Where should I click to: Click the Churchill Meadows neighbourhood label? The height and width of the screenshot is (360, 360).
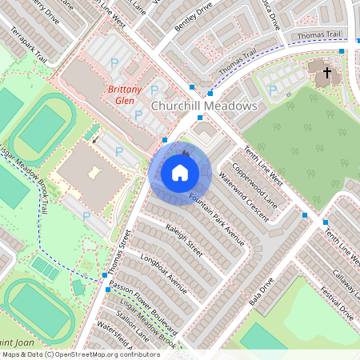203,106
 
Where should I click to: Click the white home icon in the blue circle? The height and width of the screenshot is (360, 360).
180,172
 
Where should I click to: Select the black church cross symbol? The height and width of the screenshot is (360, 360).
326,74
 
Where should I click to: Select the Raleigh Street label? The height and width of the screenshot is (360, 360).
183,241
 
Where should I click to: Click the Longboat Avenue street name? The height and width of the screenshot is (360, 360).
163,273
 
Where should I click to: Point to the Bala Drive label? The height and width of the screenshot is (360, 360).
262,294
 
